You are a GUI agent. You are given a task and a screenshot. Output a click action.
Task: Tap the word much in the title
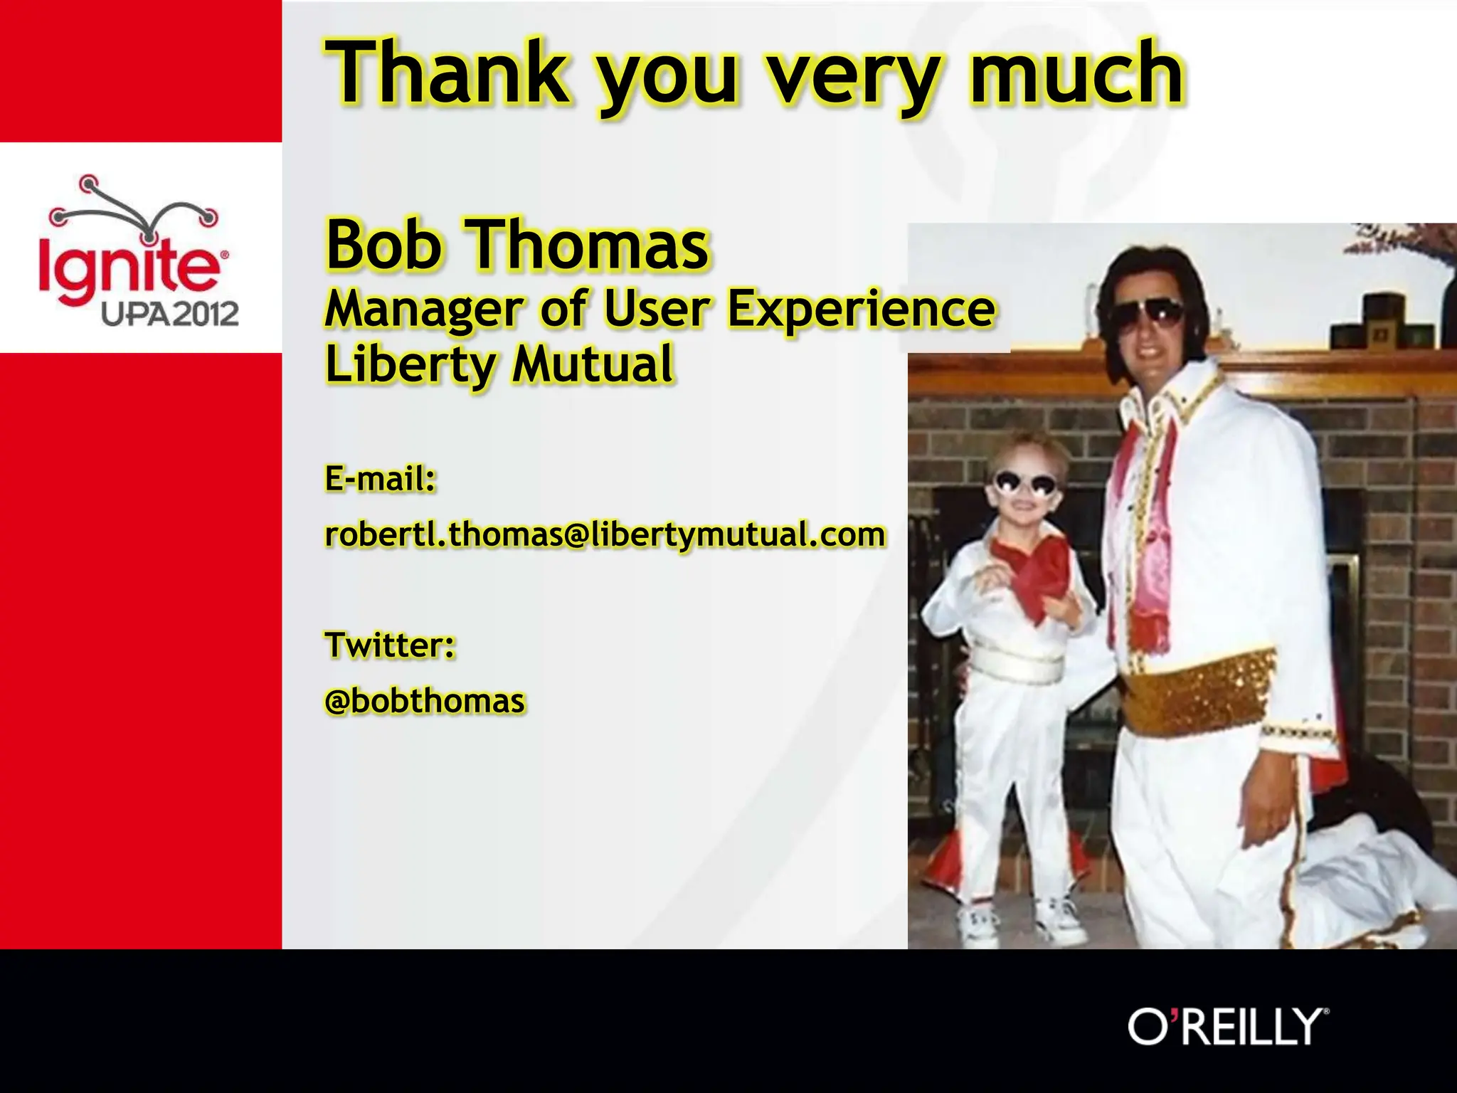1076,73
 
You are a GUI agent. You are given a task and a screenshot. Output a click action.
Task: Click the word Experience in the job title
861,309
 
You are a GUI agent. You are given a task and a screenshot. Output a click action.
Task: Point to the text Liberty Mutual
499,364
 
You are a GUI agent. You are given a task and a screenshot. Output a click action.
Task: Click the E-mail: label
380,478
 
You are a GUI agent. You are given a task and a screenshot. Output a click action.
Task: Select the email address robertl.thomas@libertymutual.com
605,534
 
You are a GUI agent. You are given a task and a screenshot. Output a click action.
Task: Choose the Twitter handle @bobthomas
425,701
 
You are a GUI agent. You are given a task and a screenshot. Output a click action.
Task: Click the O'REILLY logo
1228,1026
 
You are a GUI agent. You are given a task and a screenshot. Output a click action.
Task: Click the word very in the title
852,73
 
